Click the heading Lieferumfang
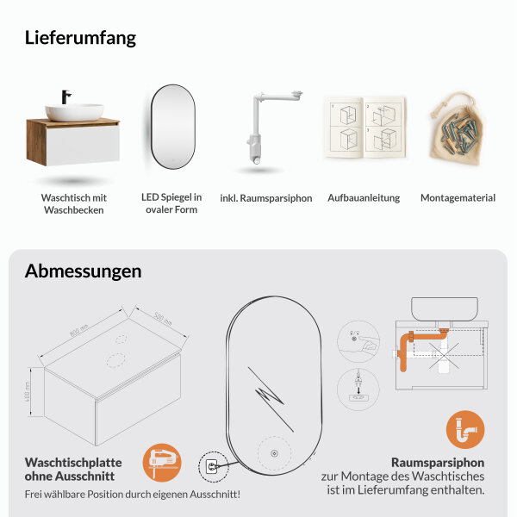80,38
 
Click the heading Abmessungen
83,271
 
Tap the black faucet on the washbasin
65,97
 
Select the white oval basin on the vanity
74,111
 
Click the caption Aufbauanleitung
364,198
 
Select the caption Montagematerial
458,198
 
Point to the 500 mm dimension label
162,320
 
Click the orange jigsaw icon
161,461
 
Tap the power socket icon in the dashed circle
212,467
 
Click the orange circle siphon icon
465,429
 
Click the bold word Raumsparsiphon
437,461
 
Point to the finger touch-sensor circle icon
354,338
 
